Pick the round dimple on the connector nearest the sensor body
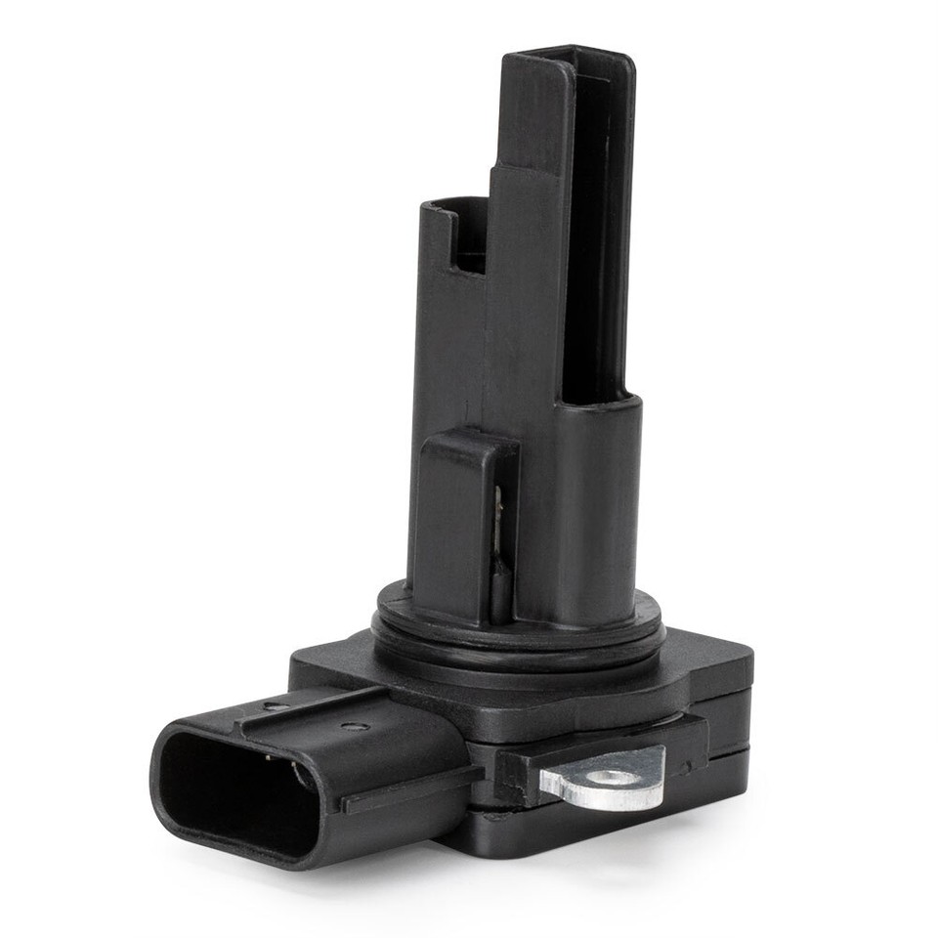click(354, 726)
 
